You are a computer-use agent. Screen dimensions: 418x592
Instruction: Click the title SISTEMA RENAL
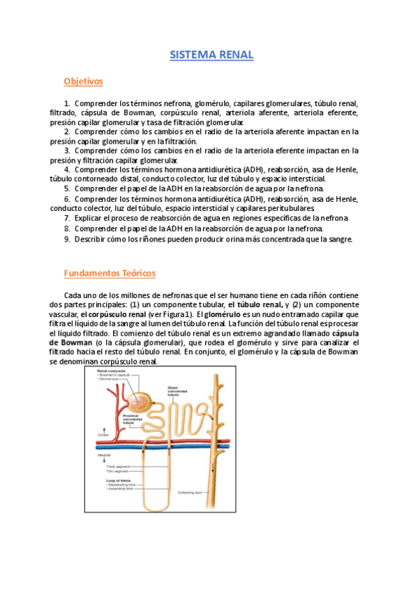(x=211, y=54)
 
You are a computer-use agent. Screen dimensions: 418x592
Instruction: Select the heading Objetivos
(x=83, y=82)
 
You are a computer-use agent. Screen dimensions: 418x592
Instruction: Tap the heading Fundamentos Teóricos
(x=110, y=273)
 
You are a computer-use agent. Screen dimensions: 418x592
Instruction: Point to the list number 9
(x=66, y=238)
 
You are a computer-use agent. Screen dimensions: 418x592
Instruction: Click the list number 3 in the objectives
(x=67, y=150)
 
